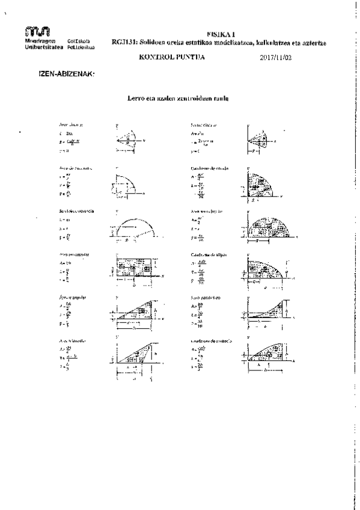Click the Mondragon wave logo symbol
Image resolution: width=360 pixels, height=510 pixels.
point(37,31)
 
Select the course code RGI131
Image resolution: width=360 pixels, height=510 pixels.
point(122,43)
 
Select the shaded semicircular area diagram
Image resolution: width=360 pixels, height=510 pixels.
point(267,229)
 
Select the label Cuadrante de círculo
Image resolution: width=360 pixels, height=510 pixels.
point(207,168)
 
